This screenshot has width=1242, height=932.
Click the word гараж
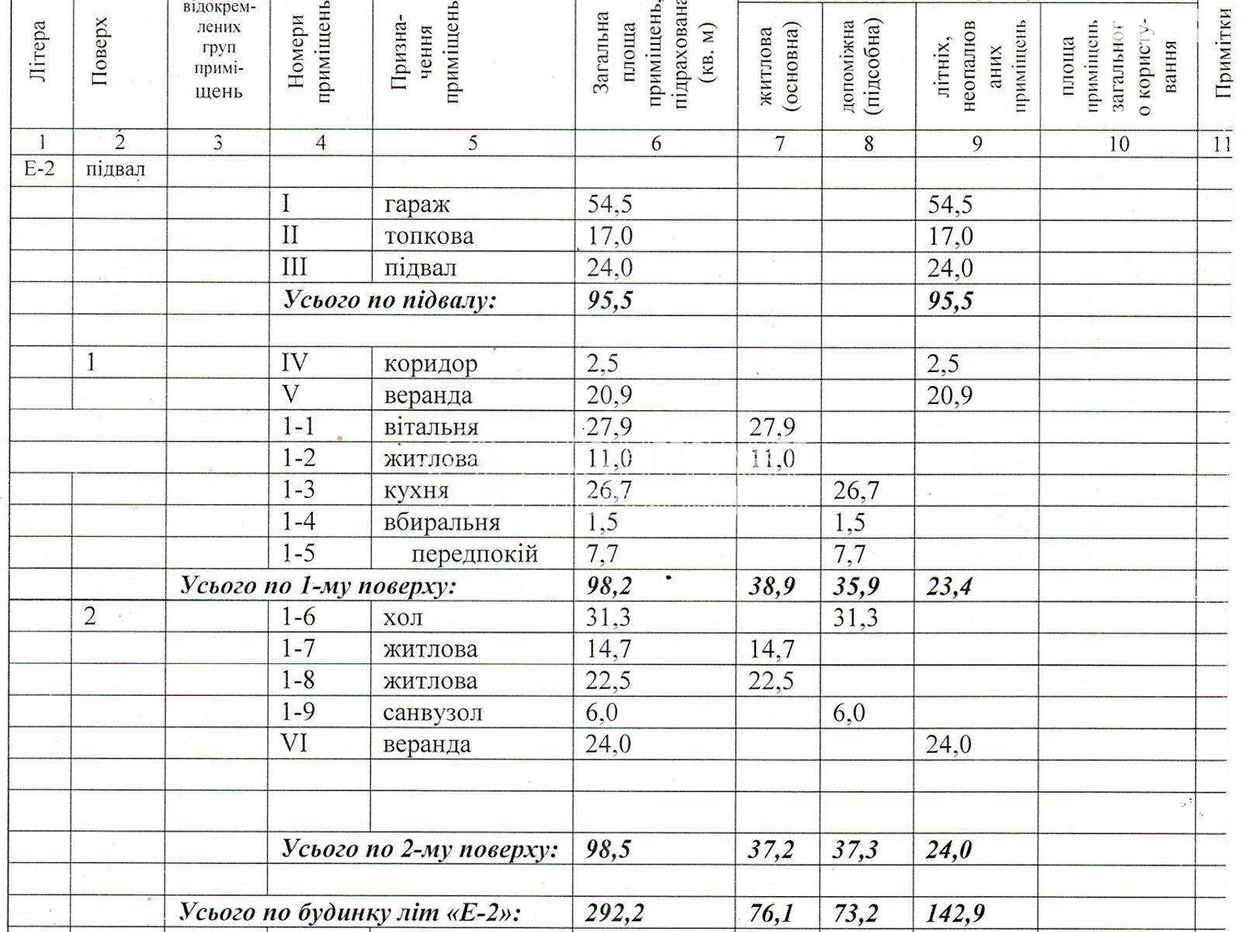pyautogui.click(x=417, y=205)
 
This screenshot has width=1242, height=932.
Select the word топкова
pyautogui.click(x=428, y=236)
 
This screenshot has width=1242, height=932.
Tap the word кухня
pyautogui.click(x=415, y=491)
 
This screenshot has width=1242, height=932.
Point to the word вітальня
pyautogui.click(x=431, y=427)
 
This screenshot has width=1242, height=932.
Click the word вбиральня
pyautogui.click(x=442, y=522)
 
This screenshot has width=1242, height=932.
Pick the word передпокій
pyautogui.click(x=474, y=554)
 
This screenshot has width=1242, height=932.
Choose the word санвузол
pyautogui.click(x=432, y=712)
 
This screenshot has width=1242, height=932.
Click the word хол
pyautogui.click(x=403, y=617)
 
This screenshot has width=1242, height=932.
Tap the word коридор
pyautogui.click(x=431, y=363)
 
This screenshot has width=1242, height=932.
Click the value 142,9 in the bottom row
pyautogui.click(x=956, y=913)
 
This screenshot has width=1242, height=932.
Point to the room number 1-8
pyautogui.click(x=298, y=680)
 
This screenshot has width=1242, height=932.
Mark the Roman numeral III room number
pyautogui.click(x=294, y=267)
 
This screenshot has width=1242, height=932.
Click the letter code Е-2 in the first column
pyautogui.click(x=40, y=169)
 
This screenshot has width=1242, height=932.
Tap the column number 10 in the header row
pyautogui.click(x=1119, y=143)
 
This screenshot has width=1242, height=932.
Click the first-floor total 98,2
pyautogui.click(x=609, y=586)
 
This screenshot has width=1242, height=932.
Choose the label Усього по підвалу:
pyautogui.click(x=389, y=301)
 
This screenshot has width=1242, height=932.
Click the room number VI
pyautogui.click(x=296, y=744)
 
